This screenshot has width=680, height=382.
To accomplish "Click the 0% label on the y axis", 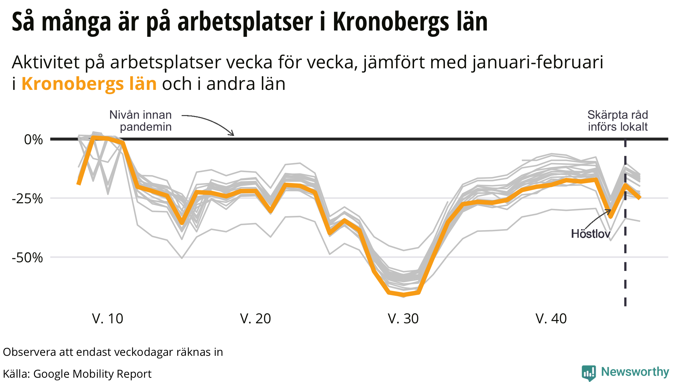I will tap(33, 140).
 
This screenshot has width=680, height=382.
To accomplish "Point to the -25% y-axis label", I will tap(27, 199).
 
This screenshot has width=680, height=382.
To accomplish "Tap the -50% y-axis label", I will tap(27, 257).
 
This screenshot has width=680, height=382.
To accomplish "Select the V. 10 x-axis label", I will tap(108, 319).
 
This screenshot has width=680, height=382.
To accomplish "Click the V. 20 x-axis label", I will tap(255, 319).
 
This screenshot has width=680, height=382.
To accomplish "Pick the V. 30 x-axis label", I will tap(403, 319).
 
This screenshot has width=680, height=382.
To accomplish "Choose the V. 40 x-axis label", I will tap(551, 319).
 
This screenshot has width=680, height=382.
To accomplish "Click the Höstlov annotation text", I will tap(590, 234).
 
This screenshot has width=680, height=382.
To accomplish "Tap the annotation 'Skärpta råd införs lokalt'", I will tap(618, 121).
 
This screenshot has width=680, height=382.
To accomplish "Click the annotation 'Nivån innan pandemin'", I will tap(141, 121).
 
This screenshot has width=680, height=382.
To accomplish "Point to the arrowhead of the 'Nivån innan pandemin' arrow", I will tap(233, 135).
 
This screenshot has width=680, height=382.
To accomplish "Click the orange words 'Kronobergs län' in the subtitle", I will tap(89, 84).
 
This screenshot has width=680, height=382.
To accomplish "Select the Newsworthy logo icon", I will tap(589, 373).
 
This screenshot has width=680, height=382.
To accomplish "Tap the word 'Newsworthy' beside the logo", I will tap(635, 372).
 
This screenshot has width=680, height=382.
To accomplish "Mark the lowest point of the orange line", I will tap(403, 294).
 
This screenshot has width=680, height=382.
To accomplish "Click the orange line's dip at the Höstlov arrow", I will tap(610, 217).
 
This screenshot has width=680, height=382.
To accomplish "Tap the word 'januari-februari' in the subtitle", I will tap(537, 62).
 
